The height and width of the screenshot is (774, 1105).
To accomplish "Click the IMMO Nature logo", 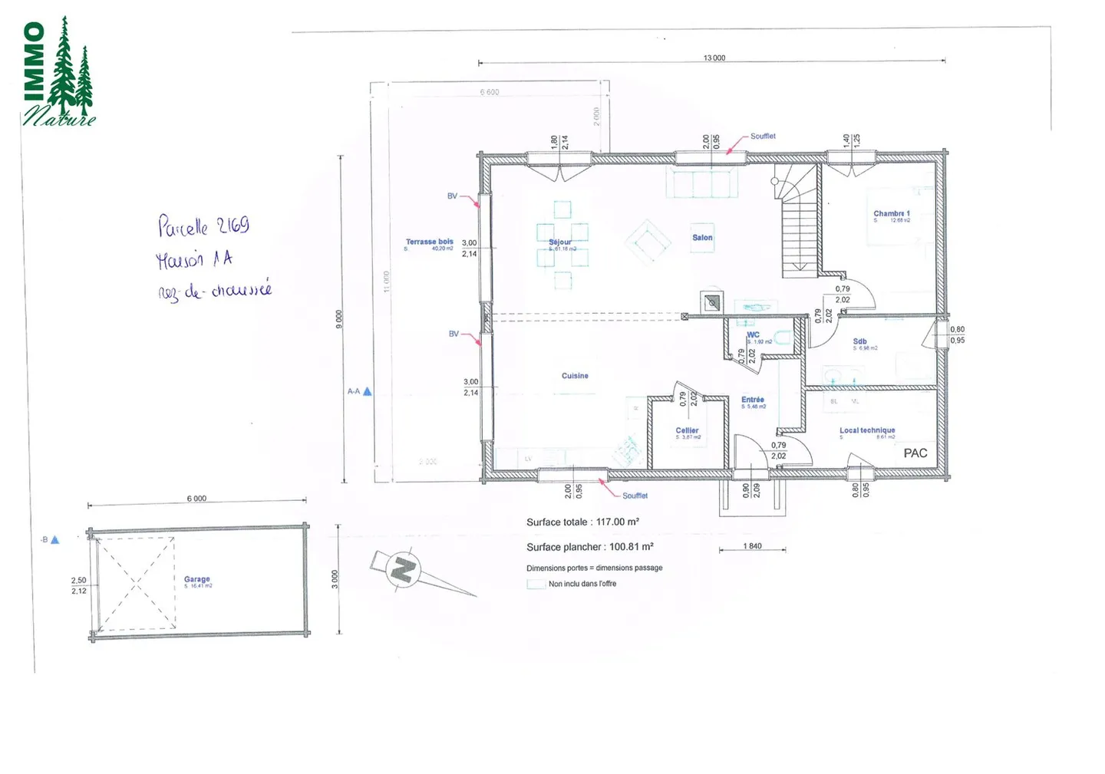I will [x=58, y=73].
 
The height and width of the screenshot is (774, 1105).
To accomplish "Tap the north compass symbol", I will [x=404, y=569].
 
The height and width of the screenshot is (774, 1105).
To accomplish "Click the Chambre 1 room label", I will [x=891, y=214].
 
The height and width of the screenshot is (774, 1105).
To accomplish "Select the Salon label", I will [x=702, y=238].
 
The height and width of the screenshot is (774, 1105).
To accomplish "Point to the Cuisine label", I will [x=575, y=376].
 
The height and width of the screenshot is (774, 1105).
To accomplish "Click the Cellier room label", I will [x=687, y=431].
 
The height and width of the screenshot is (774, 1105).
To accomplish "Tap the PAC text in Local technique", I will [x=915, y=453].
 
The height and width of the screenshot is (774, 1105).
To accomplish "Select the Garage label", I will [x=196, y=580].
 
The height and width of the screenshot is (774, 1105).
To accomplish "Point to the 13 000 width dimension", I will [x=714, y=58].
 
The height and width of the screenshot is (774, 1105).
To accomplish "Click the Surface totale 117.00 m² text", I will [x=582, y=522].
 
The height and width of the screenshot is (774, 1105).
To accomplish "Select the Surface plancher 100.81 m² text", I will [x=589, y=547].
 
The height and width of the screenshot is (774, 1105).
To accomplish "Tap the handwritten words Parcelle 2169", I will [x=203, y=226].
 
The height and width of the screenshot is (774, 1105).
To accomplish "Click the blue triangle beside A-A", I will [x=368, y=391].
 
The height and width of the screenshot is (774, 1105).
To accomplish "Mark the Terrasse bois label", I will [x=429, y=242].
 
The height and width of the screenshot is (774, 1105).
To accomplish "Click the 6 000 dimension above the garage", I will [x=196, y=499].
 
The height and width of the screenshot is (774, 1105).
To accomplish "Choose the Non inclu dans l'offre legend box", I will [x=536, y=584].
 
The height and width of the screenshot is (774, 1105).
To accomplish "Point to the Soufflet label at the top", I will [x=763, y=137].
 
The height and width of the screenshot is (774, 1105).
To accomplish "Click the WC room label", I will [x=753, y=334].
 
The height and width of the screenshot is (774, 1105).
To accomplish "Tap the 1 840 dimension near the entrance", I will [x=752, y=546].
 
